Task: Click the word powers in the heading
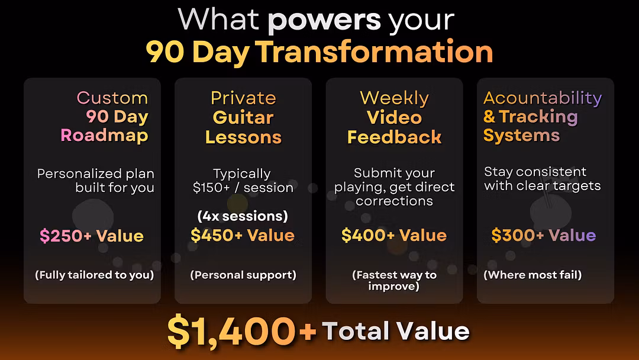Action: [324, 20]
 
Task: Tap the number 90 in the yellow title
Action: [165, 52]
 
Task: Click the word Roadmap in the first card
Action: [104, 136]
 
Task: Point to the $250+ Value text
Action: [92, 236]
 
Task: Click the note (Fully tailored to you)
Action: [95, 275]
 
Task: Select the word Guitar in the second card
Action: [243, 118]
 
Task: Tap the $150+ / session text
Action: [243, 188]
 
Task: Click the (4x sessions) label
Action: [243, 216]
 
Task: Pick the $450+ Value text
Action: [243, 235]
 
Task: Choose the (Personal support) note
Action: [243, 275]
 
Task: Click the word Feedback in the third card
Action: [395, 137]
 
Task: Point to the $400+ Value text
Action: [394, 235]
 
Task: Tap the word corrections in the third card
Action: [394, 201]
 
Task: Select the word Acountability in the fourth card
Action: [543, 98]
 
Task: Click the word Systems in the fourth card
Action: [522, 136]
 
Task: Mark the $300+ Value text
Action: [544, 235]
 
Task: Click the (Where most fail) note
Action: [532, 275]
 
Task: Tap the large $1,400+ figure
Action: [241, 330]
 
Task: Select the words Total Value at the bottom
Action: [396, 330]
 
